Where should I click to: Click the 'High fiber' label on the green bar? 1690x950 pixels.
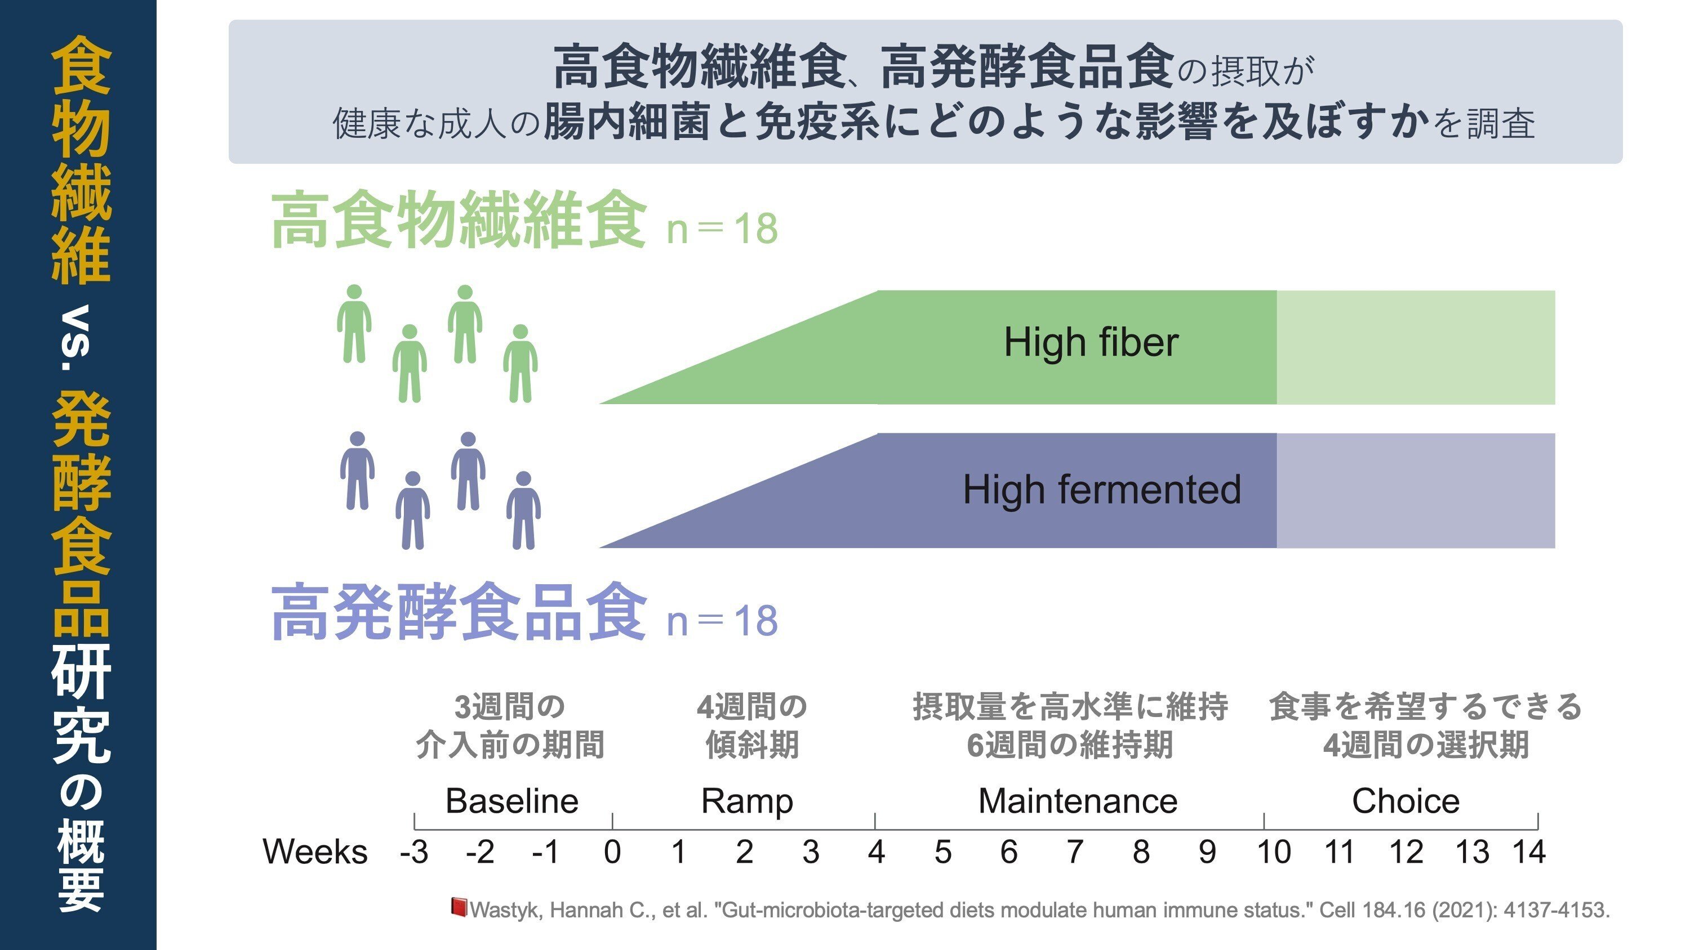tap(1091, 343)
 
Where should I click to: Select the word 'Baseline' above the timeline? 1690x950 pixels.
tap(512, 800)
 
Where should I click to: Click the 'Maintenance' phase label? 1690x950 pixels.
tap(1078, 800)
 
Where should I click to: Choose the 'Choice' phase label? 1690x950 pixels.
tap(1406, 800)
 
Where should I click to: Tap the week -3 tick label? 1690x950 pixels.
tap(414, 852)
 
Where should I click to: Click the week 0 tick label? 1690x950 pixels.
tap(612, 852)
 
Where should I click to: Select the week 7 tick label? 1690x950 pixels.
tap(1075, 852)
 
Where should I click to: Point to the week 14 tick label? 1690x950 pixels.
tap(1529, 852)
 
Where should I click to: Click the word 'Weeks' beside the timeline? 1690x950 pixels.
tap(315, 852)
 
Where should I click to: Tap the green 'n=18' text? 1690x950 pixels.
tap(722, 229)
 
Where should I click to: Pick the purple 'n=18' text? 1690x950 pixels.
tap(722, 621)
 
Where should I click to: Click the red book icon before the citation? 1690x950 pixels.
tap(459, 907)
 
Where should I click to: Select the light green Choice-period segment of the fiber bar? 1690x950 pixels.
tap(1416, 347)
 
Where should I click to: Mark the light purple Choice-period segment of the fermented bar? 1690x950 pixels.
tap(1416, 490)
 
